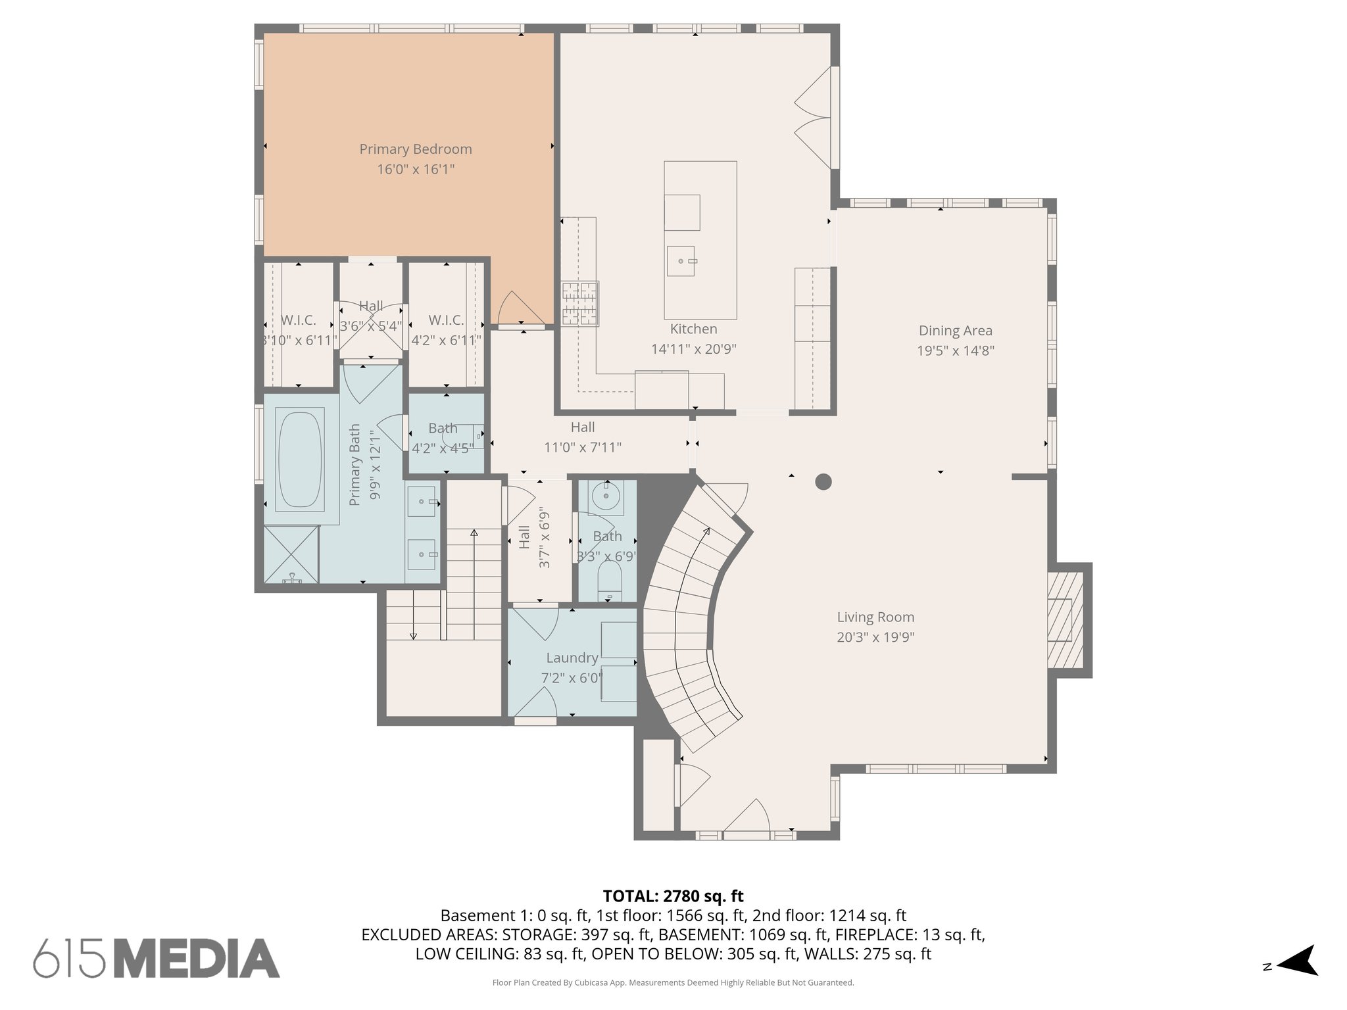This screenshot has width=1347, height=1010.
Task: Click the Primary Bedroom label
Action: coord(415,149)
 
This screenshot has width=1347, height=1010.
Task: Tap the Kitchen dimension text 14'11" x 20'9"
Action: coord(693,349)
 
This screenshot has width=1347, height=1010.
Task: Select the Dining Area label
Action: coord(955,331)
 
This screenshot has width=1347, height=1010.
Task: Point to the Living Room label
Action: coord(875,617)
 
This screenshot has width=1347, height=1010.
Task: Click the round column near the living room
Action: coord(823,482)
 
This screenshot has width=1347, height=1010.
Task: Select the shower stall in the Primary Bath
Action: coord(291,554)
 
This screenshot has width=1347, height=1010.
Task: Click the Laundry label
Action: coord(572,658)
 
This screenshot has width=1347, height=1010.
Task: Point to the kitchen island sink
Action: coord(681,261)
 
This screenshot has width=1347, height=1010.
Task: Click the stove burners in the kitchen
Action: coord(579,303)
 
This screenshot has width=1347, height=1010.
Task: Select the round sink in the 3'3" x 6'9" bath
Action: coord(604,496)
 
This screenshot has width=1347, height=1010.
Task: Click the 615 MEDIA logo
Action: coord(157,958)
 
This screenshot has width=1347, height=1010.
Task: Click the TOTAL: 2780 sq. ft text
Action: coord(673,896)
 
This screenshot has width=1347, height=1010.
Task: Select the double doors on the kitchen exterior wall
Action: coord(814,118)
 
